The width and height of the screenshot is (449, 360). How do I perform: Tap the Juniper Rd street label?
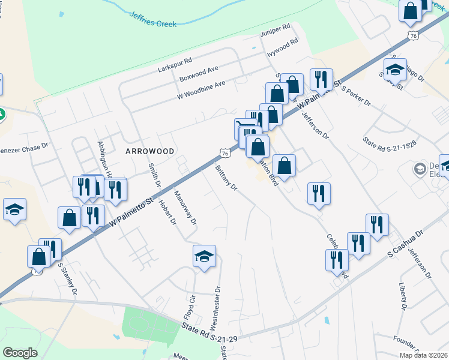(275, 29)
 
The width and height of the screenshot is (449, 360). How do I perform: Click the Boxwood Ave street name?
(199, 75)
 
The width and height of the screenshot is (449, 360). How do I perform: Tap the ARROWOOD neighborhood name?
(149, 151)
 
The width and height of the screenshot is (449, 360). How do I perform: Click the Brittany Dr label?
(226, 178)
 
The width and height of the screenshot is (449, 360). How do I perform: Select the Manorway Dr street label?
(185, 207)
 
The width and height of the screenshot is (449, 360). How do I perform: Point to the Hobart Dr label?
(168, 213)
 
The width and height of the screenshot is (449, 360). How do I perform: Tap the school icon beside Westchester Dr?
(204, 256)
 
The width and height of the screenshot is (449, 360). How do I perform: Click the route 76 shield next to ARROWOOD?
(223, 154)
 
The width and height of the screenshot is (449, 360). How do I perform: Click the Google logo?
(20, 352)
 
